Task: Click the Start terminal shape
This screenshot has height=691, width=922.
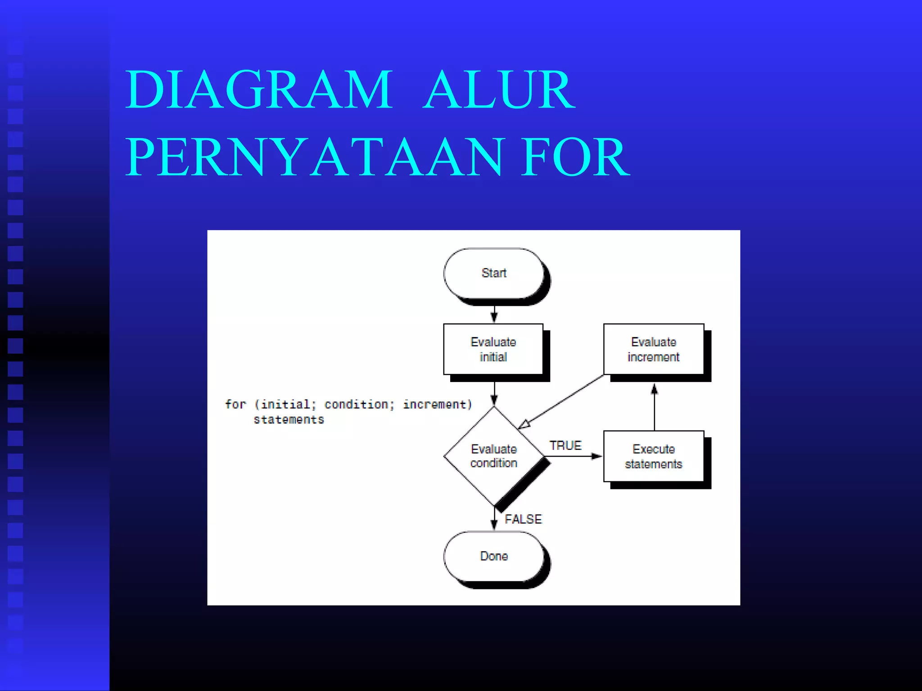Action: tap(494, 273)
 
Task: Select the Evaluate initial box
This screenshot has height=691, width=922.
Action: tap(493, 349)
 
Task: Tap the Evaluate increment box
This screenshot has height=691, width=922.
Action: tap(653, 349)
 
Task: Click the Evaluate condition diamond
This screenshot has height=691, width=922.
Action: tap(494, 456)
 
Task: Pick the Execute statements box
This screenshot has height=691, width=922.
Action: tap(653, 456)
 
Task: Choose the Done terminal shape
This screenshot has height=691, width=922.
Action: tap(494, 556)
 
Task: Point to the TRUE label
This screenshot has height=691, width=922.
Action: tap(565, 445)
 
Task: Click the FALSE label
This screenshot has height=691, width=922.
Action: tap(523, 519)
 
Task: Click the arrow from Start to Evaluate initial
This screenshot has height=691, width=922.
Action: tap(494, 313)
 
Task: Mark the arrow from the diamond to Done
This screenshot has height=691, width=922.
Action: tap(494, 518)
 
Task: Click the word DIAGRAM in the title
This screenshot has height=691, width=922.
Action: tap(259, 90)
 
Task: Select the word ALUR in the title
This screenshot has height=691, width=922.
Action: tap(499, 90)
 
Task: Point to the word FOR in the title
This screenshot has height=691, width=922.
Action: tap(575, 157)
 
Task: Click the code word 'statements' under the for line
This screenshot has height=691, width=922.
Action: tap(289, 420)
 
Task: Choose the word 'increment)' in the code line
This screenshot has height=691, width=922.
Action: tap(437, 404)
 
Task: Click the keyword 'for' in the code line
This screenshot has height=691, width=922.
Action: tap(235, 404)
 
